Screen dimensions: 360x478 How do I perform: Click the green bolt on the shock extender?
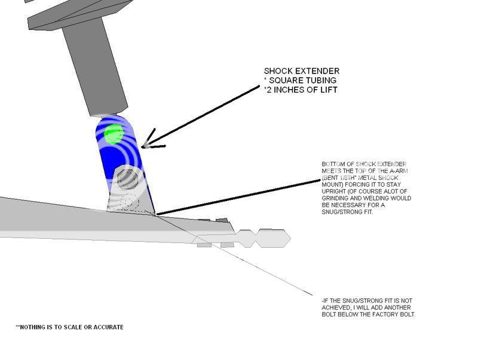[x=113, y=134]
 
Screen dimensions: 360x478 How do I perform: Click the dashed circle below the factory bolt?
[x=127, y=203]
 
